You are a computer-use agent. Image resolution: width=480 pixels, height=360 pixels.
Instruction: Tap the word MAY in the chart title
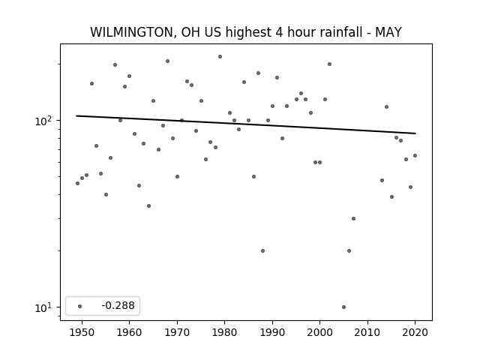[x=388, y=32]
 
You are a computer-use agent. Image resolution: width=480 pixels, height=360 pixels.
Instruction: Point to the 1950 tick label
[x=82, y=332]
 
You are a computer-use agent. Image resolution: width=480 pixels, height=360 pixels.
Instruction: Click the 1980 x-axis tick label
[x=224, y=332]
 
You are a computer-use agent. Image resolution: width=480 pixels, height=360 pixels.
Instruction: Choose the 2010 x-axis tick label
[x=367, y=332]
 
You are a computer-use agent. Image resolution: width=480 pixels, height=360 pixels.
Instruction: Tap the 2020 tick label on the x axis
[x=415, y=332]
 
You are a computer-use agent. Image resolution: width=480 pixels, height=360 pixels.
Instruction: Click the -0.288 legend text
[x=118, y=305]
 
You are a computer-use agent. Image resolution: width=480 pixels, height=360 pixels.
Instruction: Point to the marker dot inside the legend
[x=80, y=306]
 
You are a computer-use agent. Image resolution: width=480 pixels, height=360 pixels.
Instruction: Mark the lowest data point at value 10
[x=343, y=307]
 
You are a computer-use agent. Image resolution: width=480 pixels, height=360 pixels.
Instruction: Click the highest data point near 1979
[x=220, y=57]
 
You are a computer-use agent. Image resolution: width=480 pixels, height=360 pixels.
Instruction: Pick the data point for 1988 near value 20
[x=263, y=250]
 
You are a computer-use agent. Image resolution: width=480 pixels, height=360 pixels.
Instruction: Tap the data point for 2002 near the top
[x=330, y=64]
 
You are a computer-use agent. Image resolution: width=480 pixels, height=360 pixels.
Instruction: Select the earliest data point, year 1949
[x=77, y=183]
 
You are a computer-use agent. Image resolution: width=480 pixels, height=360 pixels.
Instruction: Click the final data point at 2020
[x=415, y=155]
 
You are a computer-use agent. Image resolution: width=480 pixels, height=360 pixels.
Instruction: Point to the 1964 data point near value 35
[x=148, y=205]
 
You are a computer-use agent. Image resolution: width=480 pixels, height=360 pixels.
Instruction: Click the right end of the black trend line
[x=415, y=133]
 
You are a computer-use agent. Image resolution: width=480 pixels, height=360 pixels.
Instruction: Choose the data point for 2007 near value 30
[x=353, y=218]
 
